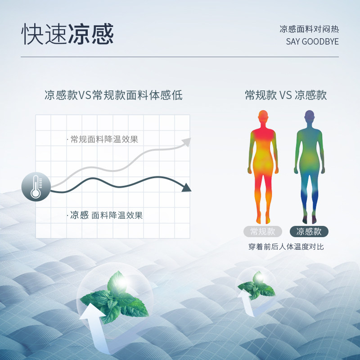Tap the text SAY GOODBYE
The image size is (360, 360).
pyautogui.click(x=312, y=42)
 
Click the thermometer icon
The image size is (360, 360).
pyautogui.click(x=36, y=187)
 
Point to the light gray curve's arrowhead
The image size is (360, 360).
pyautogui.click(x=186, y=143)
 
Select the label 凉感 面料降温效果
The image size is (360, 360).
pyautogui.click(x=106, y=215)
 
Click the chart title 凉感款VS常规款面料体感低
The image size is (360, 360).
pyautogui.click(x=113, y=95)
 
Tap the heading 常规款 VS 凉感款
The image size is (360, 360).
pyautogui.click(x=286, y=95)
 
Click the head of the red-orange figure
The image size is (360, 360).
pyautogui.click(x=263, y=117)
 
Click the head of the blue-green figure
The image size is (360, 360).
pyautogui.click(x=310, y=117)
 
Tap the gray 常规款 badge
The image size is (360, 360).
pyautogui.click(x=263, y=232)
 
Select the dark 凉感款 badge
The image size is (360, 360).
pyautogui.click(x=309, y=232)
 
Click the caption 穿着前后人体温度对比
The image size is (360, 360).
pyautogui.click(x=286, y=247)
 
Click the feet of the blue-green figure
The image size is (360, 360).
pyautogui.click(x=309, y=219)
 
